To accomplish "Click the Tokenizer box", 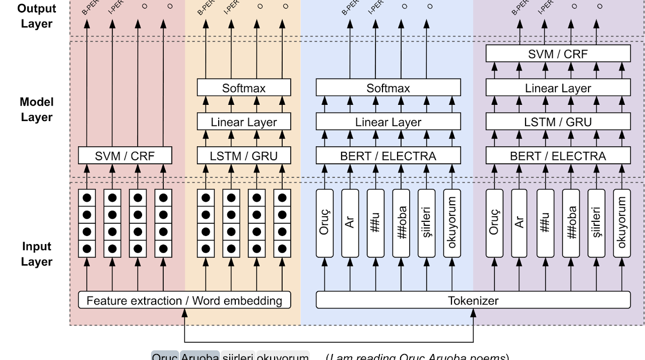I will [x=473, y=301].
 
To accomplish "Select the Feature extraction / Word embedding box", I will [x=184, y=301].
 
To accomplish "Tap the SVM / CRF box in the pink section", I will [x=125, y=156].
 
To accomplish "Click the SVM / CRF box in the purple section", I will [x=558, y=54].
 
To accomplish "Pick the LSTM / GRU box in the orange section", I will [x=244, y=156].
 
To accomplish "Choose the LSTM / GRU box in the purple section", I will [x=558, y=122].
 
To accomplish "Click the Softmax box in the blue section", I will [x=388, y=88].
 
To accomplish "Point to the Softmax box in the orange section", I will [x=244, y=88].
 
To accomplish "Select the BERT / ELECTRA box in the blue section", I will [x=388, y=156].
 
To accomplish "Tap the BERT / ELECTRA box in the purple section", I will [x=558, y=156].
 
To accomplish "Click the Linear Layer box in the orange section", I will [x=244, y=122].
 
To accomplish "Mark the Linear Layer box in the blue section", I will [x=388, y=122].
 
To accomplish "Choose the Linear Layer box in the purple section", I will [x=558, y=88].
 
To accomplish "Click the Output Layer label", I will [x=37, y=16].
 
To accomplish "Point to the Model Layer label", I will [x=37, y=109].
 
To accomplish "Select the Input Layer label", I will [x=37, y=254].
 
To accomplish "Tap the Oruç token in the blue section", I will [x=325, y=222].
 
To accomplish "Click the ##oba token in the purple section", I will [x=570, y=222].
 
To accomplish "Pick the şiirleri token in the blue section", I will [x=427, y=222].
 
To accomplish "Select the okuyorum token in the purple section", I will [x=622, y=222].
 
